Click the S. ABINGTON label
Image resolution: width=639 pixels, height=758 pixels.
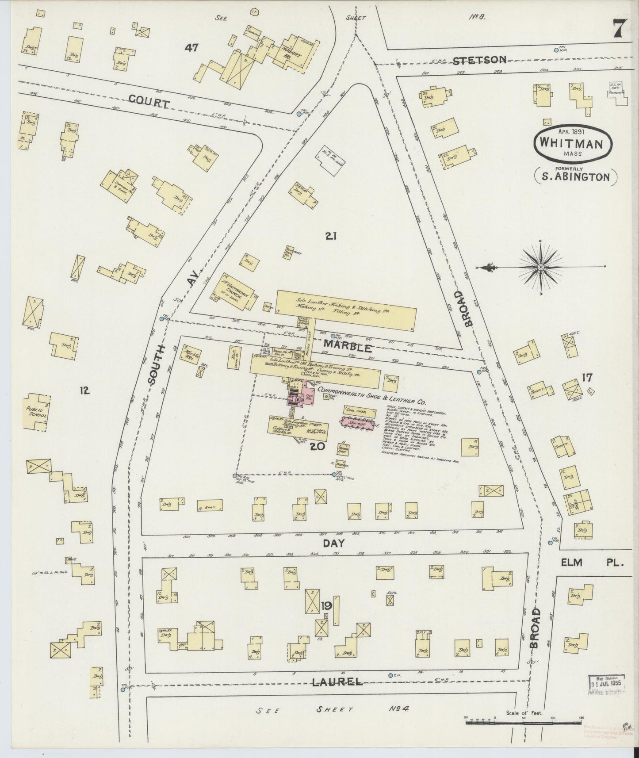576,177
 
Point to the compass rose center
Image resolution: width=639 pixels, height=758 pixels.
541,268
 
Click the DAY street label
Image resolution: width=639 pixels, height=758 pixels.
336,544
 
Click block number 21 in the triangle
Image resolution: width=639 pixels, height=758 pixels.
331,236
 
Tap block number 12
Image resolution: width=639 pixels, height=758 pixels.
85,390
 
